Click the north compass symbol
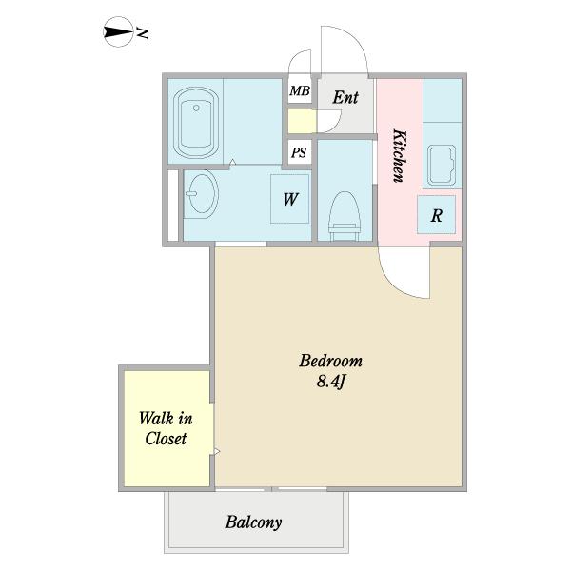(x=118, y=32)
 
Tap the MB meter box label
(x=300, y=90)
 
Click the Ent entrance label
(x=345, y=97)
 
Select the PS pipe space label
(x=299, y=152)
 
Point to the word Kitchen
(x=399, y=155)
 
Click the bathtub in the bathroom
(x=196, y=123)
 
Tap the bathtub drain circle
(x=196, y=108)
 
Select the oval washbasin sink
(x=202, y=193)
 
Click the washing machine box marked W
(x=290, y=199)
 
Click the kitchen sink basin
(x=442, y=165)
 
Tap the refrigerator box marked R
(x=436, y=214)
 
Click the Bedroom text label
(x=330, y=361)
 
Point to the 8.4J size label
(x=330, y=382)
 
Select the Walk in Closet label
(x=166, y=428)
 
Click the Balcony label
(x=253, y=522)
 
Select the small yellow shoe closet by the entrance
(x=302, y=122)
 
